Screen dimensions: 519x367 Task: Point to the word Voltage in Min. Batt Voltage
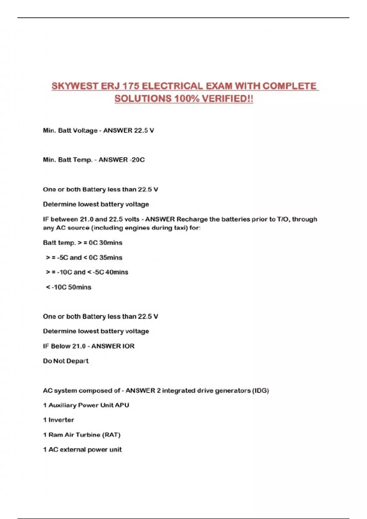(85, 131)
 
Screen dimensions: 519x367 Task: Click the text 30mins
(110, 243)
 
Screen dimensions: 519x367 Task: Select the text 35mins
(110, 258)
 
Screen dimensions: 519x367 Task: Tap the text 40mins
(117, 272)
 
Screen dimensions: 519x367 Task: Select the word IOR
(128, 346)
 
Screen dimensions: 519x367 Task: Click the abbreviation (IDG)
(260, 391)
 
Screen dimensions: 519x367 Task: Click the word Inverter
(61, 420)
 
